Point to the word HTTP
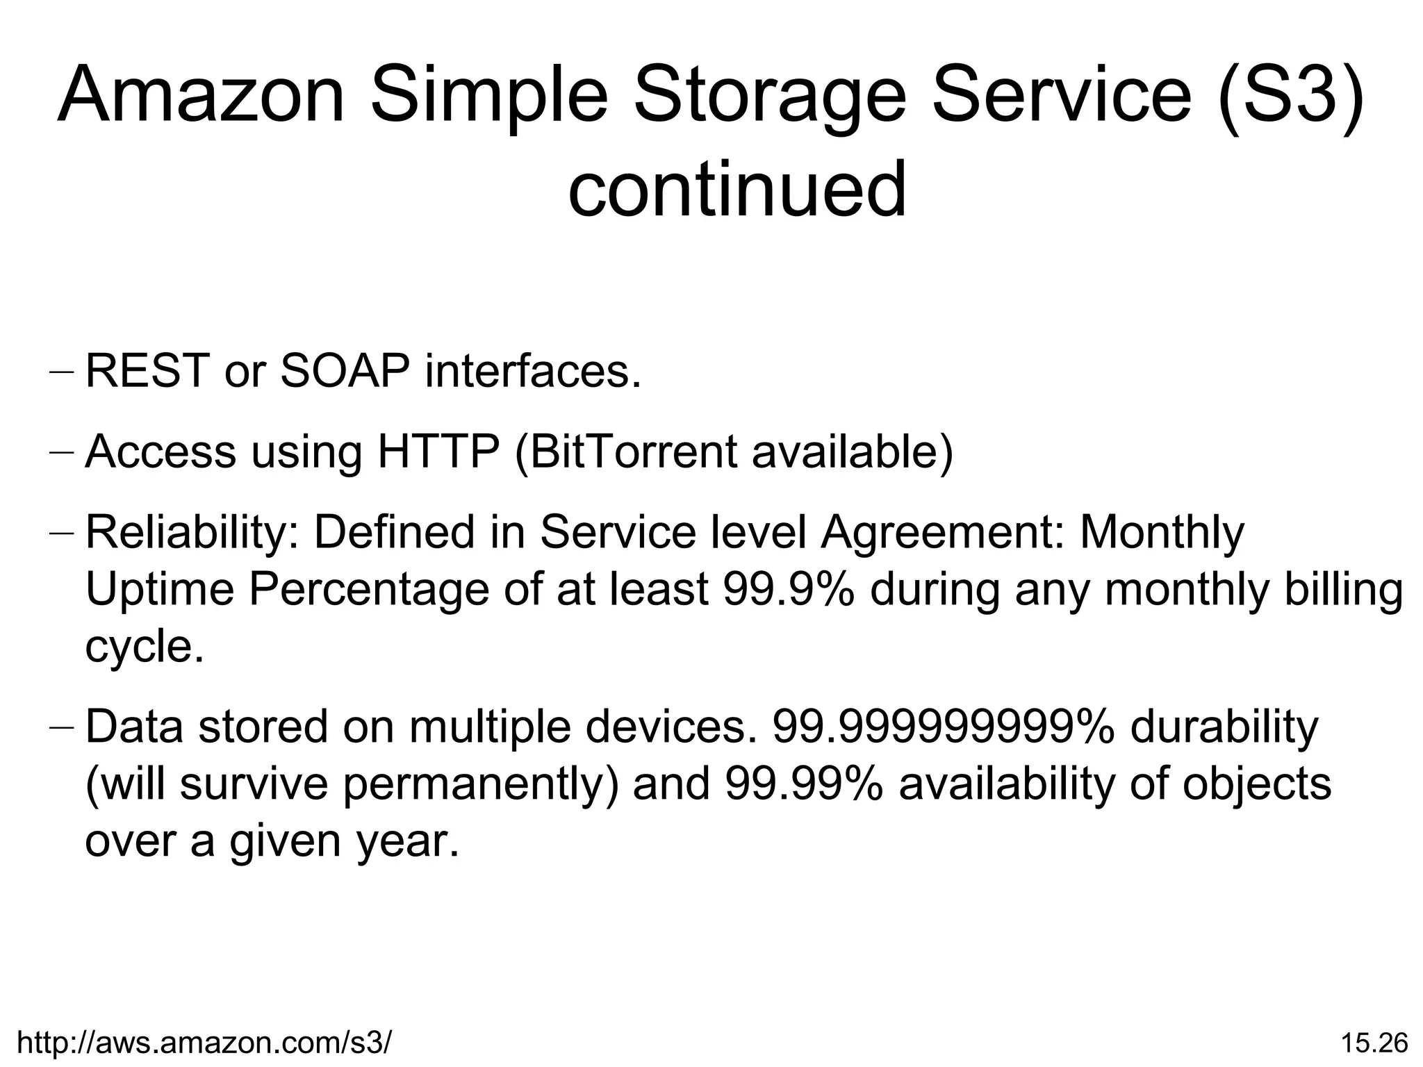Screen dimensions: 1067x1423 [x=438, y=451]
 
